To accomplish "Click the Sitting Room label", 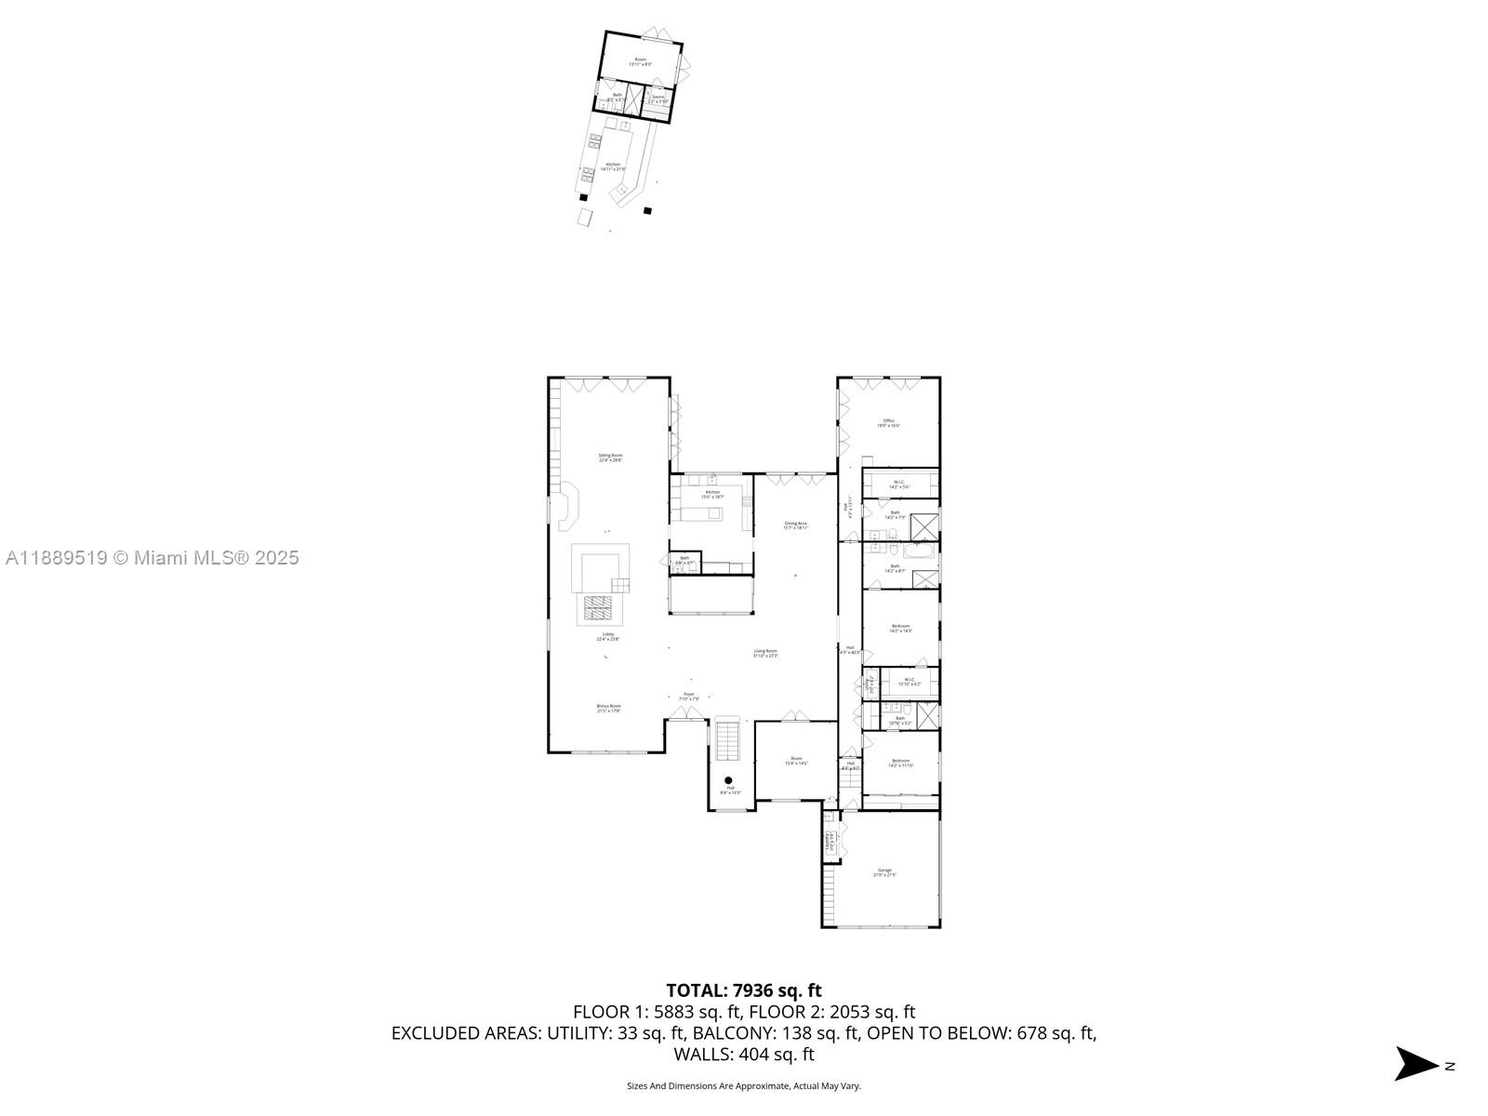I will (x=610, y=458).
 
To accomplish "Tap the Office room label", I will (x=889, y=423).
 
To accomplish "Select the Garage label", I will (x=883, y=872).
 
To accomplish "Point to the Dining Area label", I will (x=795, y=525).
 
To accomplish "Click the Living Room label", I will (x=765, y=653).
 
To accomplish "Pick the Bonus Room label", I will (x=608, y=709).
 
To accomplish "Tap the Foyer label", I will (x=689, y=696).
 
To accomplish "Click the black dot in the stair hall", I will (x=728, y=780).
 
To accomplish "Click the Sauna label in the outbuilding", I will (x=658, y=99).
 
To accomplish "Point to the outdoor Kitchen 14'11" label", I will (x=613, y=166).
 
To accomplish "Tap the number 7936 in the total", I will (x=754, y=990).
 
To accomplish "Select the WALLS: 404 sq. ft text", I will (x=744, y=1055).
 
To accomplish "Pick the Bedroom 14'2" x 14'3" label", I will (x=900, y=629).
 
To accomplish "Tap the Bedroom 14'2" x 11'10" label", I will (x=900, y=763).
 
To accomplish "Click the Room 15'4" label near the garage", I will (x=796, y=761).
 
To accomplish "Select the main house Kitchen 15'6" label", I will (x=712, y=494).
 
